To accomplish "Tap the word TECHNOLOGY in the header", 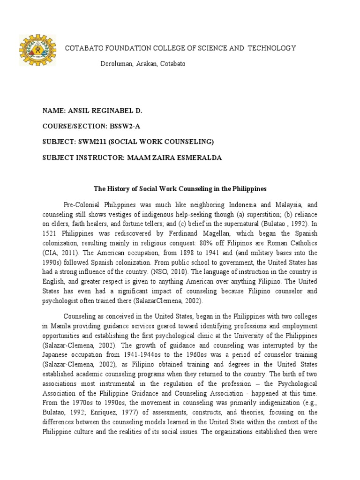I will [272, 48].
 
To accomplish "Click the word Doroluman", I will [117, 64].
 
